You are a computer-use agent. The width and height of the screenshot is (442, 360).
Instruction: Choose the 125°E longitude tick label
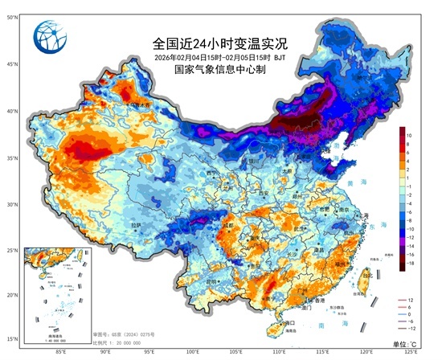click(x=411, y=351)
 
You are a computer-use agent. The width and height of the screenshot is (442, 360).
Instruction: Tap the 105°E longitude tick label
click(x=236, y=351)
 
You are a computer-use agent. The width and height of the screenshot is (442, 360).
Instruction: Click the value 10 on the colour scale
click(x=409, y=134)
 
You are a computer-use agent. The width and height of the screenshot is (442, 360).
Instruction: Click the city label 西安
click(x=263, y=193)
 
